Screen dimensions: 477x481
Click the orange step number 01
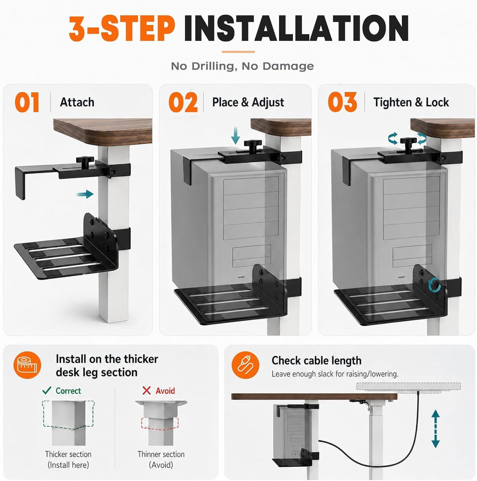pos(27,102)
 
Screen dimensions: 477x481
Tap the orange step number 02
pos(183,102)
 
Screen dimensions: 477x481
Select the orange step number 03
pos(342,102)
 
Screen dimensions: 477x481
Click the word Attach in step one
pos(77,102)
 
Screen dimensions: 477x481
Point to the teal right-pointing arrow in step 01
pos(85,194)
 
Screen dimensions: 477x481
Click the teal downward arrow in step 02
pos(235,136)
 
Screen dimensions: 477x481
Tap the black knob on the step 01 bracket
pos(85,161)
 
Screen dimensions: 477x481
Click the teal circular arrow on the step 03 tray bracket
pos(434,285)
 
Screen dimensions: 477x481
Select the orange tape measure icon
pos(27,365)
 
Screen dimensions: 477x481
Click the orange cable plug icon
pos(245,365)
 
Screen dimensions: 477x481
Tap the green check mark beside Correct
pos(47,390)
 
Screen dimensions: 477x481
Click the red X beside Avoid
pos(147,391)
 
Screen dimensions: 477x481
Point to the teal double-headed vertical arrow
pos(436,429)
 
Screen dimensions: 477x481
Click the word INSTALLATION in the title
pos(296,28)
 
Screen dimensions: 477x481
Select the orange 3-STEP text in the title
pos(122,28)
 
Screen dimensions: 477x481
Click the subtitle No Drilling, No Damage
pos(242,66)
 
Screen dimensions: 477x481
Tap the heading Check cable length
pos(316,361)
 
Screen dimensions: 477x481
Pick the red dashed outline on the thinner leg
pos(160,424)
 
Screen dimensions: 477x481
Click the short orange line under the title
pos(238,52)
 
